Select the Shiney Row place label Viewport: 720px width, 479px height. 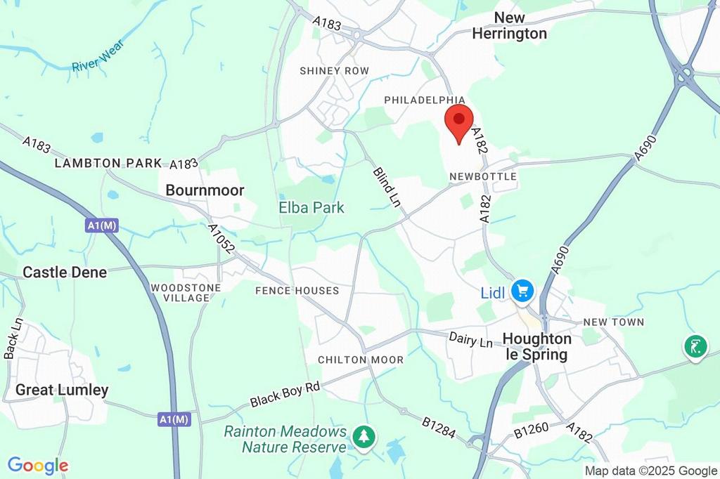point(334,71)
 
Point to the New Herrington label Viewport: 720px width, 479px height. point(509,25)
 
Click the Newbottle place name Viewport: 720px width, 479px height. point(483,176)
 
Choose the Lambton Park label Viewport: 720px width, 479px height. point(108,163)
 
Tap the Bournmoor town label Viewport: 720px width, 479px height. point(205,190)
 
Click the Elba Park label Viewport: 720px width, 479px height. point(311,207)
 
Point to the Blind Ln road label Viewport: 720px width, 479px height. point(386,186)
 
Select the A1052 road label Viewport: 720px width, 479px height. point(220,240)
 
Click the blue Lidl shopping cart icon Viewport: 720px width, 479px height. point(522,290)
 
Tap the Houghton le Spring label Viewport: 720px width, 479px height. point(537,347)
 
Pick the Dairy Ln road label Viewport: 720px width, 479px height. point(470,341)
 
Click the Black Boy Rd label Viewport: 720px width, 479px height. point(284,395)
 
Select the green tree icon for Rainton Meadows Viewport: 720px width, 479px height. point(364,437)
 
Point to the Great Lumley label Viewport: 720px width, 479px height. point(62,390)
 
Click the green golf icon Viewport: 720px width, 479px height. point(695,346)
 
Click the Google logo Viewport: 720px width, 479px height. point(38,465)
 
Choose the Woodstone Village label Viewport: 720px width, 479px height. point(186,293)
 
